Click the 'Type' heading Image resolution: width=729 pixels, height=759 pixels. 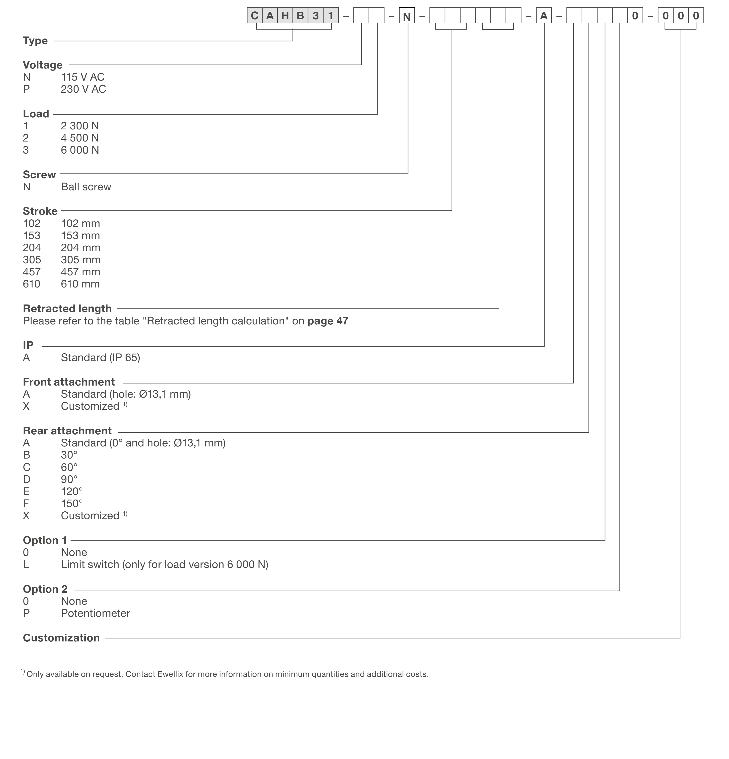(x=35, y=41)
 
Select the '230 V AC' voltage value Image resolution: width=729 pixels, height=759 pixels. (x=83, y=89)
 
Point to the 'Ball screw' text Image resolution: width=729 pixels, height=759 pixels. (x=86, y=187)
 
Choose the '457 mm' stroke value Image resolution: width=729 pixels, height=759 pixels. (x=81, y=272)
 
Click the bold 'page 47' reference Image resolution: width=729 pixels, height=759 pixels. (x=327, y=321)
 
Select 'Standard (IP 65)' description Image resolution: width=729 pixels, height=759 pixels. (x=100, y=357)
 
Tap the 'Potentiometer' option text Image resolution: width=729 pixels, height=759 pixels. (x=95, y=613)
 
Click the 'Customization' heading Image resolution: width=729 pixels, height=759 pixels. (x=61, y=638)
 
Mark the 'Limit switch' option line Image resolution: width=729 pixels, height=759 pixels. (x=165, y=565)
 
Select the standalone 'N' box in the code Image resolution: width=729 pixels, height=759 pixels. (x=406, y=16)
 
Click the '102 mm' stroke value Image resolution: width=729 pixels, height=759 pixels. (x=81, y=223)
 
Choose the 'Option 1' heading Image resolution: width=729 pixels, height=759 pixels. (x=45, y=540)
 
